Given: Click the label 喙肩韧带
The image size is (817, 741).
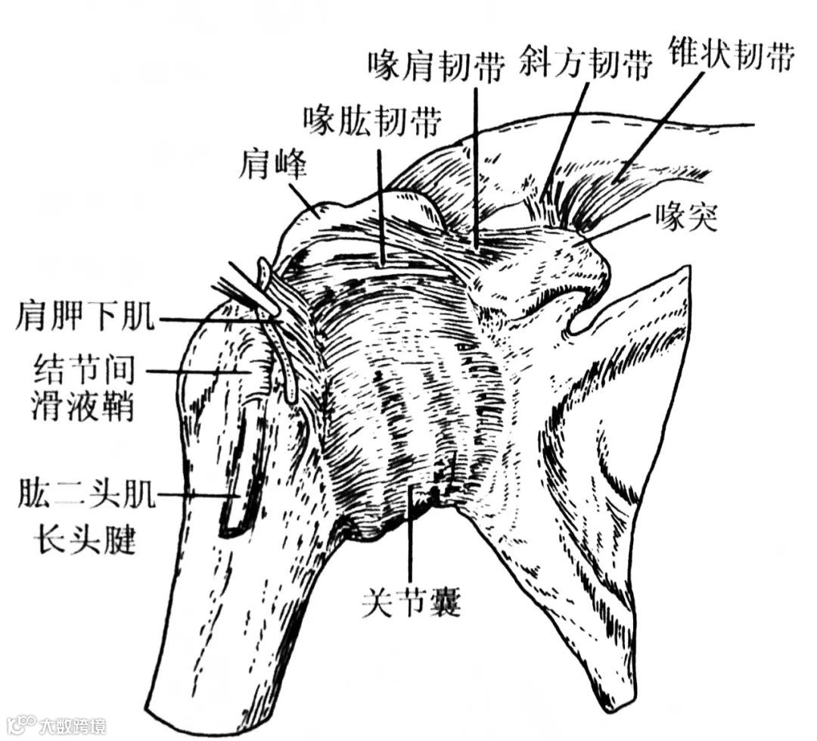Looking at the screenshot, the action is [436, 67].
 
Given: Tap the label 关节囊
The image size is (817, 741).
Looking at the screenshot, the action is [412, 602].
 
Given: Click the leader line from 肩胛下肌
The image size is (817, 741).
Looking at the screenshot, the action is [219, 321].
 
